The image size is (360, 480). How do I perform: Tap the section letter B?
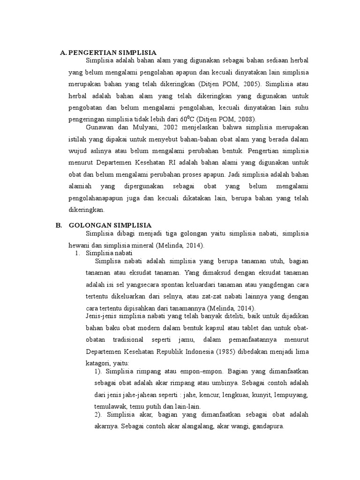click(x=59, y=225)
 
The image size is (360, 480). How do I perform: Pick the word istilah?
click(x=77, y=140)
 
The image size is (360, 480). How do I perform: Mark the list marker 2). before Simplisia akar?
click(x=98, y=415)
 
